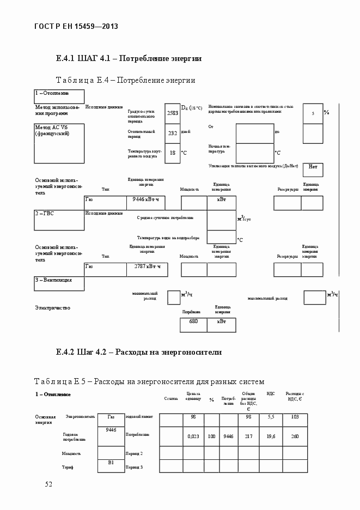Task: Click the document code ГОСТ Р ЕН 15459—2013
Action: tap(77, 26)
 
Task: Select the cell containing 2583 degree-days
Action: tap(172, 113)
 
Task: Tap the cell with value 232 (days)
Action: tap(172, 133)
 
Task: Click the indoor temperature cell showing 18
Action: tap(172, 153)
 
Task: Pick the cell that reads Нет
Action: tap(313, 167)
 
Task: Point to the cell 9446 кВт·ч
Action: tap(145, 200)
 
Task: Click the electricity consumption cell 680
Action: tap(193, 322)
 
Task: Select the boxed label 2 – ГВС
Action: tap(59, 214)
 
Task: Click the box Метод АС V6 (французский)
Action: tap(59, 139)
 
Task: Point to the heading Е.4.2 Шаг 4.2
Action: tap(138, 352)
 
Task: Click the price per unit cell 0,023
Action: tap(193, 436)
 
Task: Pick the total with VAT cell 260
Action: tap(295, 436)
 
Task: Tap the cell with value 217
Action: tap(248, 436)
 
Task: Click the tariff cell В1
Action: tap(111, 463)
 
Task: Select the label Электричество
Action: tap(53, 308)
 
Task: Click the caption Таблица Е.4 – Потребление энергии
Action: tap(126, 81)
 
